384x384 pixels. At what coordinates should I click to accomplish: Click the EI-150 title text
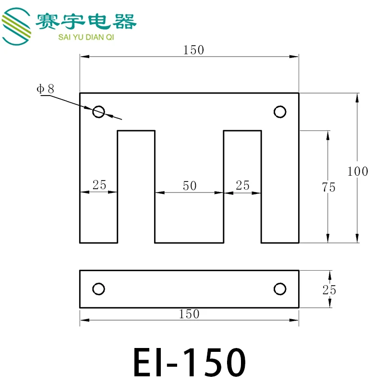(190, 362)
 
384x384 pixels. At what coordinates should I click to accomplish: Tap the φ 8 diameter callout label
(45, 89)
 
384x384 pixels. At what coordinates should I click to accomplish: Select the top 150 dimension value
(193, 50)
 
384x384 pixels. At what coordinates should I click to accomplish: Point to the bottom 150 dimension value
(189, 314)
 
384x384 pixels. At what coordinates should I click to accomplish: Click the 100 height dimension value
(358, 171)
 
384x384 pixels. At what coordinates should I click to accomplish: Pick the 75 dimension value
(329, 187)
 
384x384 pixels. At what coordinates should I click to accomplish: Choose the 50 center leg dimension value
(190, 186)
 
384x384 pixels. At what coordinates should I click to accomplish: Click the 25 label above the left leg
(99, 185)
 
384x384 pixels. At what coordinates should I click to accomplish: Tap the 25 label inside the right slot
(242, 185)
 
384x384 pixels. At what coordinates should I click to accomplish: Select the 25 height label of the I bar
(329, 290)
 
